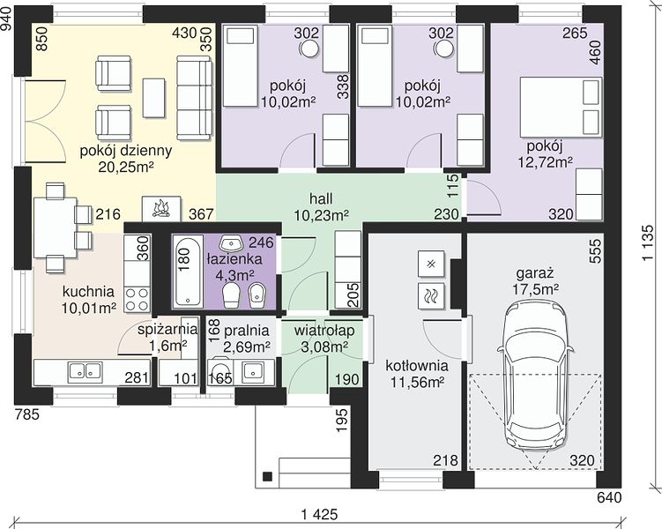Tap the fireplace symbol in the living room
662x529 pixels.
pyautogui.click(x=161, y=209)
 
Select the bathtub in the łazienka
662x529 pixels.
pyautogui.click(x=187, y=271)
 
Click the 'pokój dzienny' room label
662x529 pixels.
pyautogui.click(x=126, y=151)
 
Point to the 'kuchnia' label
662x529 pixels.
pyautogui.click(x=88, y=291)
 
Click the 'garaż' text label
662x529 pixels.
pyautogui.click(x=535, y=273)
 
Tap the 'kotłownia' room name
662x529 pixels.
pyautogui.click(x=417, y=366)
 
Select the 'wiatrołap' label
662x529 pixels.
pyautogui.click(x=324, y=331)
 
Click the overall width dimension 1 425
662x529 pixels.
pyautogui.click(x=320, y=514)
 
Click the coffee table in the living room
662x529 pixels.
pyautogui.click(x=154, y=98)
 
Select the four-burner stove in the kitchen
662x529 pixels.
pyautogui.click(x=138, y=299)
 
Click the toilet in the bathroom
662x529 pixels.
pyautogui.click(x=231, y=295)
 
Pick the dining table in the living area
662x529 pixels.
pyautogui.click(x=55, y=227)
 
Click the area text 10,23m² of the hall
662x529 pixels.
pyautogui.click(x=321, y=215)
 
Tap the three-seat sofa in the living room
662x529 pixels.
pyautogui.click(x=194, y=98)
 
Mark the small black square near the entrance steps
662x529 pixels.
pyautogui.click(x=267, y=476)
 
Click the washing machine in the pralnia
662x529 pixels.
pyautogui.click(x=220, y=371)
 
